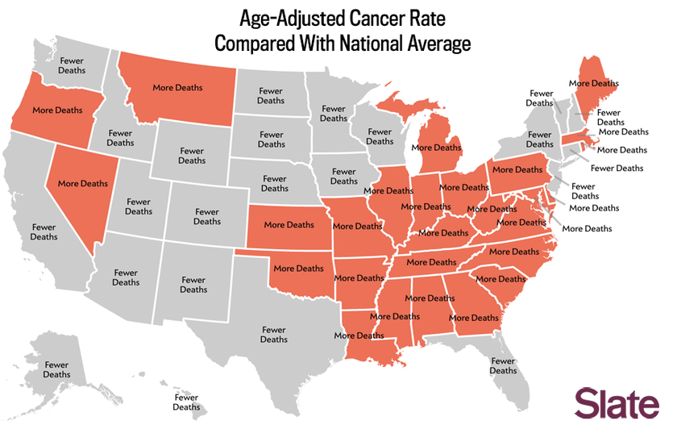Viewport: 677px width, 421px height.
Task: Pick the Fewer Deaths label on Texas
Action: pos(274,335)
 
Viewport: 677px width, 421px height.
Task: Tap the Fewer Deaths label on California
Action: pos(44,232)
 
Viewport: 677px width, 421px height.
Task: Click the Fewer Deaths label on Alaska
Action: pos(56,369)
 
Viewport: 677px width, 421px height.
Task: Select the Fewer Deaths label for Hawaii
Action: pos(186,402)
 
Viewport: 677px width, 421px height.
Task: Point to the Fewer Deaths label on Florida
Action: pos(503,365)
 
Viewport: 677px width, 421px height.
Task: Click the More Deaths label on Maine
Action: pos(593,83)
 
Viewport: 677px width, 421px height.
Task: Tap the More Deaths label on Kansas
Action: pos(289,225)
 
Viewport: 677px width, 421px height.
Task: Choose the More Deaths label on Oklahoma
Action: pos(299,269)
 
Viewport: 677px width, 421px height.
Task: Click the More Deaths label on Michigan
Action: pos(436,148)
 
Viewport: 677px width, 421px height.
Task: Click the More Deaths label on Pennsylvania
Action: pos(517,170)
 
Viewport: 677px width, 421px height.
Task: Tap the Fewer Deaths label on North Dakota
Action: pos(271,96)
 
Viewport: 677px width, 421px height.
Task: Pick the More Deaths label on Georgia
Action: pos(474,318)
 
